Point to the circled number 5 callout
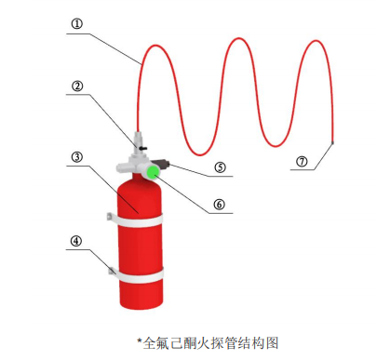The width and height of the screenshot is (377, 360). pyautogui.click(x=221, y=167)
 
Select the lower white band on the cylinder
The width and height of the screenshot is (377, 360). pyautogui.click(x=140, y=276)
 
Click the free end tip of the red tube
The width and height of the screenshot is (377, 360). pyautogui.click(x=332, y=142)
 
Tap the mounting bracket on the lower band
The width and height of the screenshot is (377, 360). pyautogui.click(x=111, y=272)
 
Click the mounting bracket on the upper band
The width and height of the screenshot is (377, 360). pyautogui.click(x=109, y=220)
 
